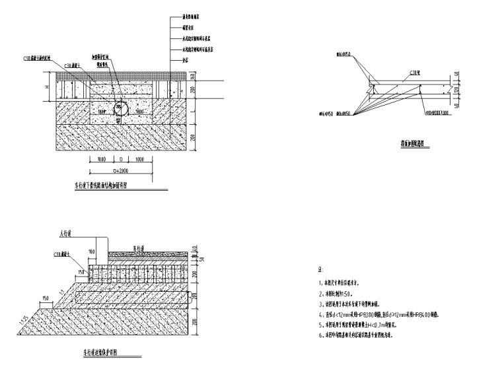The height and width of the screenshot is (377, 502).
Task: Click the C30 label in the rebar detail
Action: point(414,75)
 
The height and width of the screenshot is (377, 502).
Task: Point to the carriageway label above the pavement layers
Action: point(139,248)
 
